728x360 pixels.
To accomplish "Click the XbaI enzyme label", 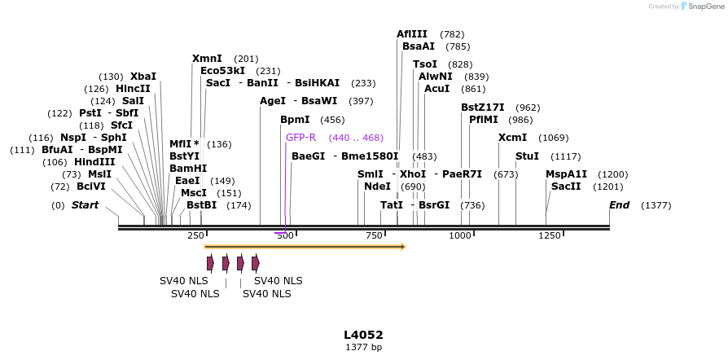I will click(x=143, y=77).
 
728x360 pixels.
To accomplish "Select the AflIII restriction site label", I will click(x=412, y=34).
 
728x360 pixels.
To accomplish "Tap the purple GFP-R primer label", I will click(x=300, y=138).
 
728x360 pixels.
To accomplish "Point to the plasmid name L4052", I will click(x=363, y=335).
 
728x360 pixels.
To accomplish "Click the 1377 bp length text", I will click(x=363, y=347).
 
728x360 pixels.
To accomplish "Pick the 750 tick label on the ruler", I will click(x=374, y=235).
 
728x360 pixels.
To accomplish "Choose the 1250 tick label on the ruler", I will click(x=550, y=235).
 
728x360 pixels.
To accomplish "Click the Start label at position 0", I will click(x=85, y=205).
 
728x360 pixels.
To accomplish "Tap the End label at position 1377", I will click(x=619, y=205).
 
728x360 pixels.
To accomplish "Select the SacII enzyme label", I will click(x=566, y=187).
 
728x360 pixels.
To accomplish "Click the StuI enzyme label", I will click(x=527, y=156).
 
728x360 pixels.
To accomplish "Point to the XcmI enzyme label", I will click(x=512, y=138).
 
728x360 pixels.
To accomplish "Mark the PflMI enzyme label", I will click(x=483, y=120).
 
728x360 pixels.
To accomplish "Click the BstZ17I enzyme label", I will click(x=483, y=108).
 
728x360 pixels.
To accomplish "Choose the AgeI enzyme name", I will click(x=273, y=101).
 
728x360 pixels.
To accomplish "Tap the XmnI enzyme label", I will click(x=207, y=59).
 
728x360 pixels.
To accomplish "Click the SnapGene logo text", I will click(x=705, y=7).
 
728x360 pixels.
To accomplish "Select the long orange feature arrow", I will click(x=305, y=246).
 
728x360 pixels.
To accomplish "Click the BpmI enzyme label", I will click(x=295, y=120).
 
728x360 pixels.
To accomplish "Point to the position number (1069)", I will click(x=554, y=138).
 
